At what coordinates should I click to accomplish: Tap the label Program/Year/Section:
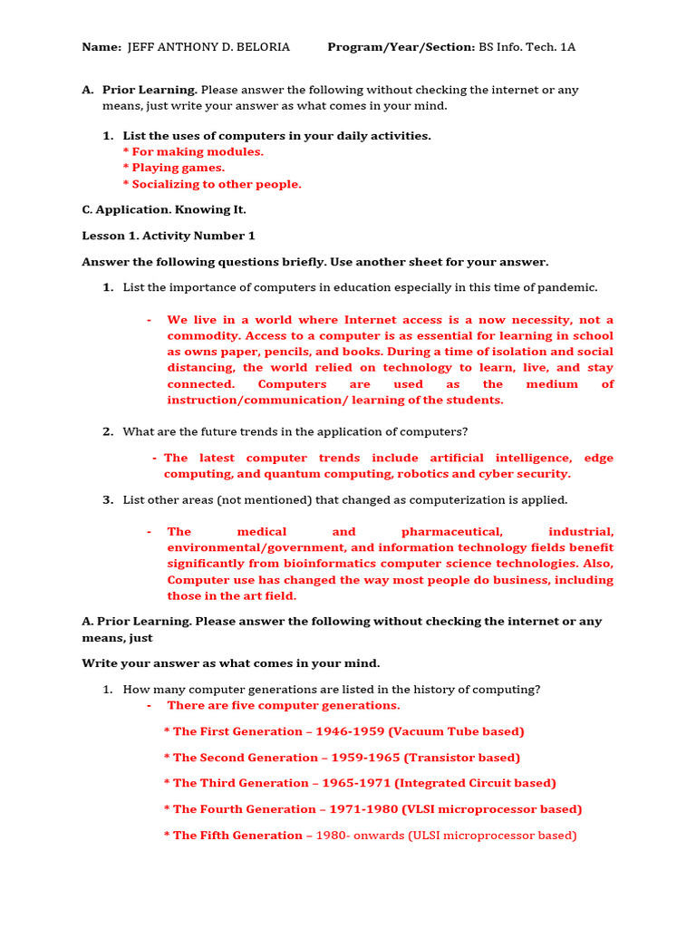(401, 47)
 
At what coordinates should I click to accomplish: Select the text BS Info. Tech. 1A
(527, 47)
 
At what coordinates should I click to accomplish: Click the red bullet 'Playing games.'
(178, 168)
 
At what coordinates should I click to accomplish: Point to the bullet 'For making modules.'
(198, 151)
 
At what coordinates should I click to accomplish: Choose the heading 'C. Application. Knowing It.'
(164, 209)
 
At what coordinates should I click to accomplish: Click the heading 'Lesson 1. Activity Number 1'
(169, 236)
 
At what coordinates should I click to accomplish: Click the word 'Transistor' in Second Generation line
(442, 758)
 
